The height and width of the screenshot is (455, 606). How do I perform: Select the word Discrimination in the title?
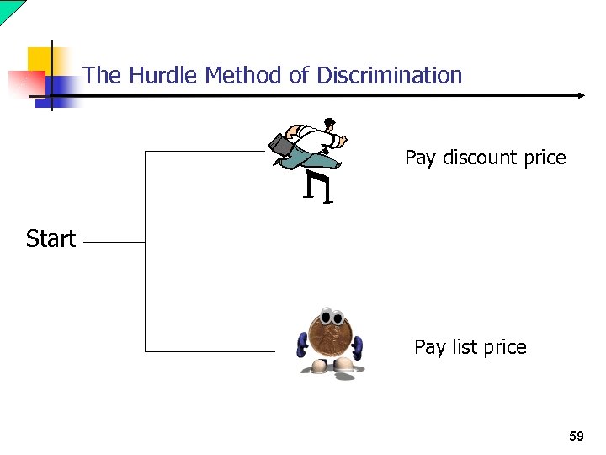tap(389, 76)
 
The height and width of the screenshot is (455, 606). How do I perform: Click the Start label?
tap(50, 239)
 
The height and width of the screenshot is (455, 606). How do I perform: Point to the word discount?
tap(478, 158)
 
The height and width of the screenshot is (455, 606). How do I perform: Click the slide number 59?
tap(576, 436)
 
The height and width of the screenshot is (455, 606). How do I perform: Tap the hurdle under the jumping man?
tap(319, 187)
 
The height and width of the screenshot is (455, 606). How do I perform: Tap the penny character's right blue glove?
tap(359, 346)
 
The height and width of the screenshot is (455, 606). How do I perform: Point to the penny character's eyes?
tap(331, 318)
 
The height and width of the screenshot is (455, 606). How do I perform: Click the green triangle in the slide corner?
tap(9, 8)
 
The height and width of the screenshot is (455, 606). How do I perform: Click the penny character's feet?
tap(332, 366)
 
